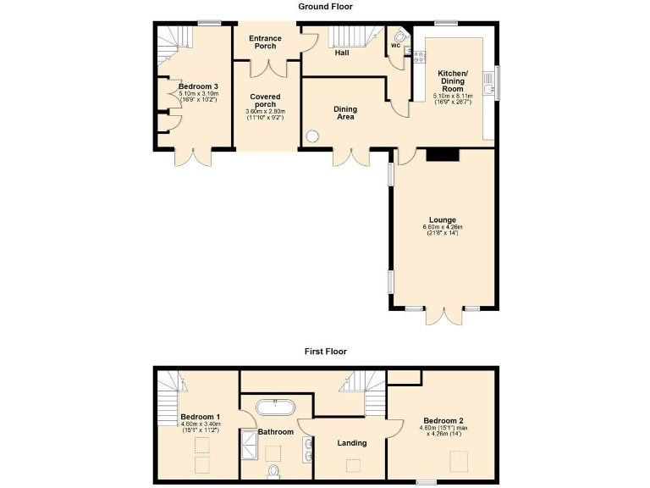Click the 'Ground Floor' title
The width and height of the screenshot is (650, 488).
(325, 7)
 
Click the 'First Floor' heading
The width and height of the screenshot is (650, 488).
(325, 351)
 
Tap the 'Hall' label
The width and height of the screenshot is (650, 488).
(341, 53)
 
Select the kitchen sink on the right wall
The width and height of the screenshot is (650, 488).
(489, 83)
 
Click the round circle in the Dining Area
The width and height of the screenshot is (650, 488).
(314, 135)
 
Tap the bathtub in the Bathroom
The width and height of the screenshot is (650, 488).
(276, 407)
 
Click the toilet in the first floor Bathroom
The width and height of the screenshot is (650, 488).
(273, 470)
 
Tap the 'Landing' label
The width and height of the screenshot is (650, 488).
(351, 442)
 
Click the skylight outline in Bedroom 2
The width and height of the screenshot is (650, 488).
(459, 460)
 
